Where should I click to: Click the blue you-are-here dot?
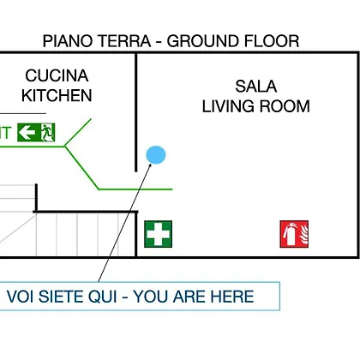(x=156, y=155)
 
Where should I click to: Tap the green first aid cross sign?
(x=158, y=234)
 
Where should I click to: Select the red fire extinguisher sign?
(x=294, y=234)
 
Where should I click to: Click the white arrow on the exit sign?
(x=27, y=133)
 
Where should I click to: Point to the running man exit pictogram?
(x=47, y=133)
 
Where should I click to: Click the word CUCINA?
(x=57, y=75)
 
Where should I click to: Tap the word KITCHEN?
(x=57, y=95)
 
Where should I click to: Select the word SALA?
(x=256, y=87)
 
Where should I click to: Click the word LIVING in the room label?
(x=228, y=106)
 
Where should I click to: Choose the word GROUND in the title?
(x=202, y=41)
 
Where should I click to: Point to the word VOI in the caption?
(x=20, y=297)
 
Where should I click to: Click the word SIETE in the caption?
(x=61, y=297)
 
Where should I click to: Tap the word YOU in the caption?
(x=150, y=297)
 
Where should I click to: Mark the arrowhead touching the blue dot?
(x=149, y=167)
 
